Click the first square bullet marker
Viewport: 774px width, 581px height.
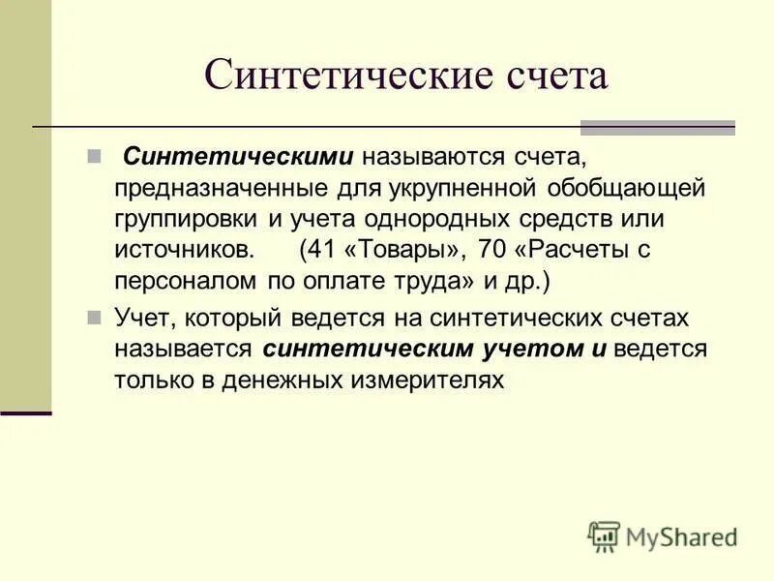94,156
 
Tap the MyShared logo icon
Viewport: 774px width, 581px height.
604,535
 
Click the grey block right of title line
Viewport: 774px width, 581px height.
657,128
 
